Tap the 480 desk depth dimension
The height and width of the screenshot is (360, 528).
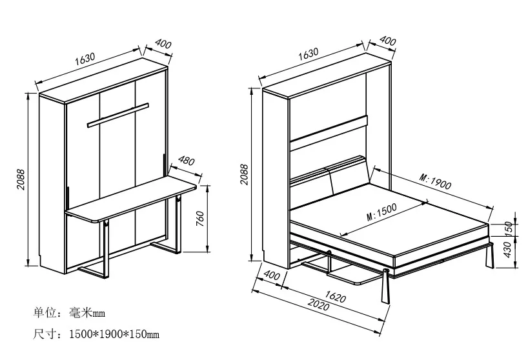point(187,161)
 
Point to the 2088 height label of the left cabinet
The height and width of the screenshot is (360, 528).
point(21,180)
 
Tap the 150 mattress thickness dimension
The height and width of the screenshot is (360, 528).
point(509,228)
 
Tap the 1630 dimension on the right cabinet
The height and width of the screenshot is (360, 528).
point(312,55)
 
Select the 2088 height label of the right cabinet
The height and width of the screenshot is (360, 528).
point(244,174)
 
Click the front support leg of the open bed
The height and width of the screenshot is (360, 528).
point(387,287)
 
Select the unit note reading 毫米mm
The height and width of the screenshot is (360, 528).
point(86,314)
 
